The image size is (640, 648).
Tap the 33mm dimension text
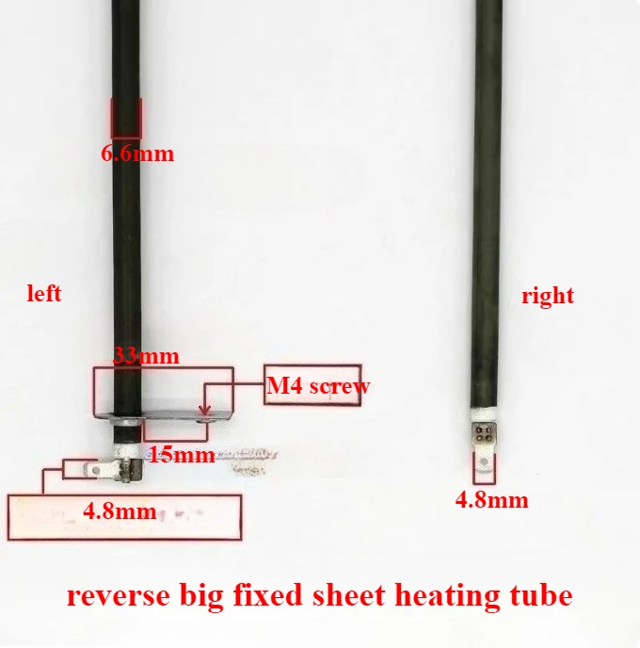pyautogui.click(x=146, y=357)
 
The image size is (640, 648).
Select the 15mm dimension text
pyautogui.click(x=182, y=455)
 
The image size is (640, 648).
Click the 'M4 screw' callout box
pyautogui.click(x=312, y=385)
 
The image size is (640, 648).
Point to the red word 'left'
pyautogui.click(x=44, y=294)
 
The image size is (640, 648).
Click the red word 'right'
pyautogui.click(x=548, y=296)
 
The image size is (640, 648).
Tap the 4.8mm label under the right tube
pyautogui.click(x=491, y=500)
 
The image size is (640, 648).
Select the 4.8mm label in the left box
pyautogui.click(x=120, y=512)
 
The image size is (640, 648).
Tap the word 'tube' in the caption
pyautogui.click(x=537, y=595)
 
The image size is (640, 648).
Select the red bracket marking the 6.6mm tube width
pyautogui.click(x=126, y=118)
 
